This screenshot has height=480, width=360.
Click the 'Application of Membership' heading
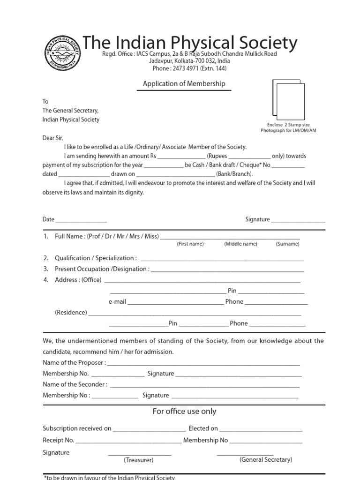pyautogui.click(x=184, y=84)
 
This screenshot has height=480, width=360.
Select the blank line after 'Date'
pyautogui.click(x=81, y=221)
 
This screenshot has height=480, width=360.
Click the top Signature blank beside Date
pyautogui.click(x=298, y=221)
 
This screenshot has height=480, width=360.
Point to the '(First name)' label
pyautogui.click(x=190, y=244)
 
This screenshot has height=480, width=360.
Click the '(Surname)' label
pyautogui.click(x=287, y=244)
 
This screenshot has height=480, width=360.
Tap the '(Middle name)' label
pyautogui.click(x=240, y=244)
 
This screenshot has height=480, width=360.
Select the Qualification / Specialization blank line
pyautogui.click(x=222, y=260)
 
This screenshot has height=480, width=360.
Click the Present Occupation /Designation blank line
pyautogui.click(x=227, y=270)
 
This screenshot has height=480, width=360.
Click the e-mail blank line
pyautogui.click(x=175, y=303)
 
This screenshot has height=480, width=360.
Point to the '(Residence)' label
pyautogui.click(x=71, y=313)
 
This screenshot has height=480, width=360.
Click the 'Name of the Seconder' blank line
pyautogui.click(x=204, y=386)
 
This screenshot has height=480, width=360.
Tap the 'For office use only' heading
pyautogui.click(x=184, y=412)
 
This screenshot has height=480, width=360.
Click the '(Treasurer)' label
pyautogui.click(x=138, y=460)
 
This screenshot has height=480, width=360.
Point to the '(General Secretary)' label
pyautogui.click(x=266, y=460)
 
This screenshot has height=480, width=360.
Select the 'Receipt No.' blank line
pyautogui.click(x=128, y=442)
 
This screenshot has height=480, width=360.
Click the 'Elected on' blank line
pyautogui.click(x=261, y=430)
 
